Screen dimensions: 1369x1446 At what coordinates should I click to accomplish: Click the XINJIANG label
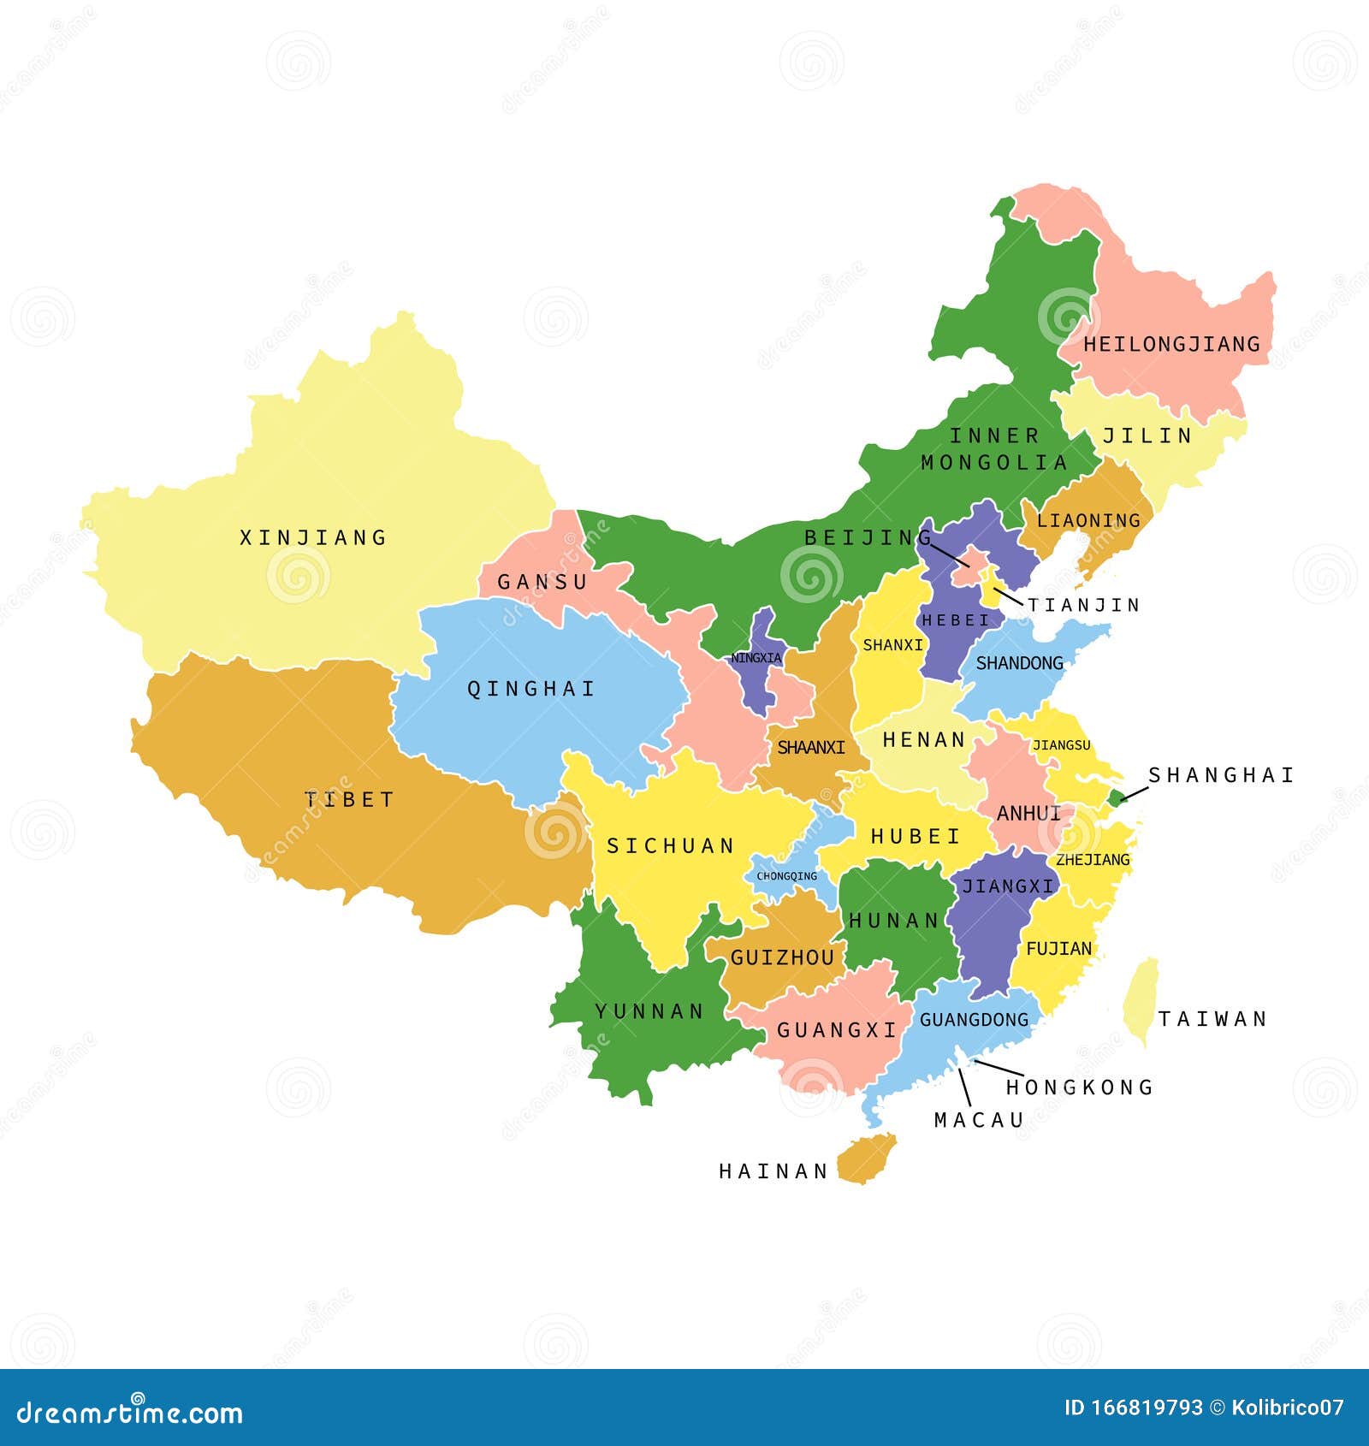coord(312,538)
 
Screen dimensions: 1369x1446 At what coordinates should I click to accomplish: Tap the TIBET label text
coord(349,800)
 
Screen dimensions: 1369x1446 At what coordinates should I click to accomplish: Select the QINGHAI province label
coord(530,689)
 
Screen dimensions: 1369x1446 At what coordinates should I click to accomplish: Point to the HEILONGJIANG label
coord(1171,345)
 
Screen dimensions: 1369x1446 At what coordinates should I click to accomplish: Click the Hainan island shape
coord(866,1159)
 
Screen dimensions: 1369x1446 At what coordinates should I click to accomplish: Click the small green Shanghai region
coord(1116,798)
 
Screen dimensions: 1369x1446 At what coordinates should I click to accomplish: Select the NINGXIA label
coord(756,658)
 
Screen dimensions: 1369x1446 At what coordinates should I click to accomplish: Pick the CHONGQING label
coord(786,876)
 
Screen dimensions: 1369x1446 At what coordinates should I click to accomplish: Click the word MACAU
coord(979,1120)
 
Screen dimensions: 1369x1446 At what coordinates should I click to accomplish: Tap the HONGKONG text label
coord(1079,1087)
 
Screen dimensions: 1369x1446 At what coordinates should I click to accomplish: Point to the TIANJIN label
coord(1084,606)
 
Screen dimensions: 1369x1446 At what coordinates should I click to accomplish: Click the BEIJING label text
coord(867,537)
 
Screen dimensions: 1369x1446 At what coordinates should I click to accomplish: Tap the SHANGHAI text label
coord(1221,775)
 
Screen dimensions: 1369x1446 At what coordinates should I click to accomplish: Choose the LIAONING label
coord(1088,520)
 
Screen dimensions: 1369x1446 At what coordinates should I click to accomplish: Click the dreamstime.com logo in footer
coord(130,1413)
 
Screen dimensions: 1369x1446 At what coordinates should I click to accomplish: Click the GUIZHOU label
coord(782,957)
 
